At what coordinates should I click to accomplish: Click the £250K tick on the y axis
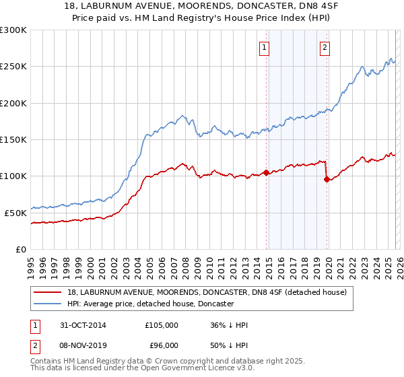(x=13, y=67)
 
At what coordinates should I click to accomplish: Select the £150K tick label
(x=13, y=139)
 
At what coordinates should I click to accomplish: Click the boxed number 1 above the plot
(x=265, y=47)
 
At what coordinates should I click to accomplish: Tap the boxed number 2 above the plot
(x=325, y=47)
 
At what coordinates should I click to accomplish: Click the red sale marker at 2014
(x=267, y=172)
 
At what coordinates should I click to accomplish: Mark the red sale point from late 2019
(x=327, y=179)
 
